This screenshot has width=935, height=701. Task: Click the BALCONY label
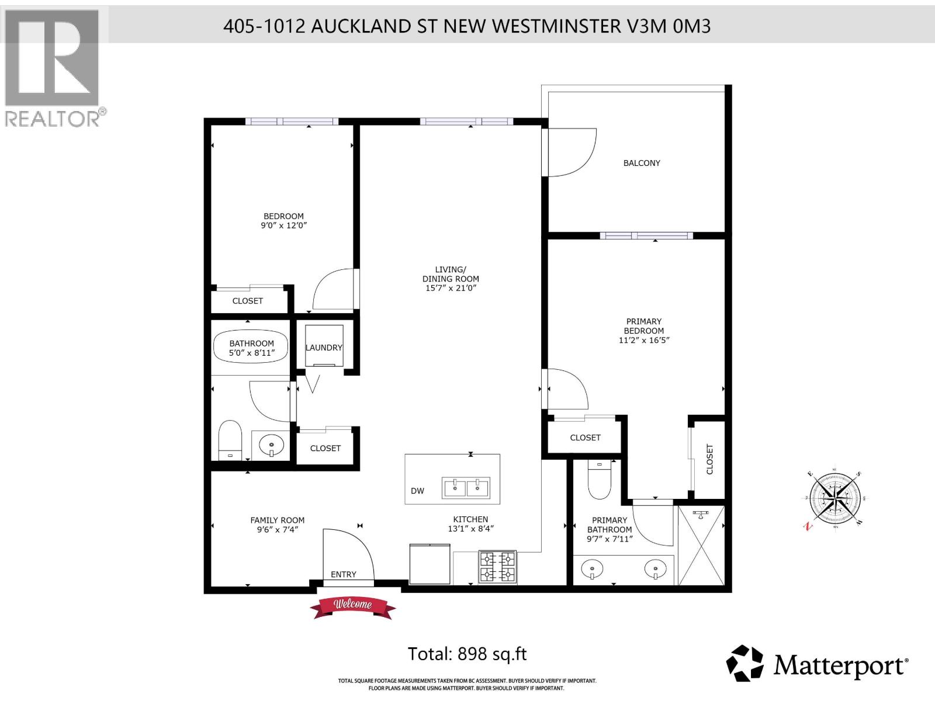coord(641,163)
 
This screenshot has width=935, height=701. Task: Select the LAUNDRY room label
coord(324,348)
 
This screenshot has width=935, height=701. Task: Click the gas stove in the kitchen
coord(497,566)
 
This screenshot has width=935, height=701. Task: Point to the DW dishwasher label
coord(417,491)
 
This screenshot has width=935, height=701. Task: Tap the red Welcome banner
coord(352,606)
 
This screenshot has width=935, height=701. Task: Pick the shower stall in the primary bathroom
coord(701,545)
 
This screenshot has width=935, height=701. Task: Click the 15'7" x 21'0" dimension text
coord(451,288)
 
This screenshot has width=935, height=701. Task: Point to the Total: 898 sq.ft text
coord(467,654)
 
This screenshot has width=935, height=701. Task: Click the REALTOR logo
coord(53,67)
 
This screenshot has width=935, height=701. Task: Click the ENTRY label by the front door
coord(343,574)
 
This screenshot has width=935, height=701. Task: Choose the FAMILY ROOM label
coord(277,520)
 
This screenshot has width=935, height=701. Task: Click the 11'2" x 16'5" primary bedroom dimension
coord(643,340)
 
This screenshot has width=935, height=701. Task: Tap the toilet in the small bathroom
coord(230,440)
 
